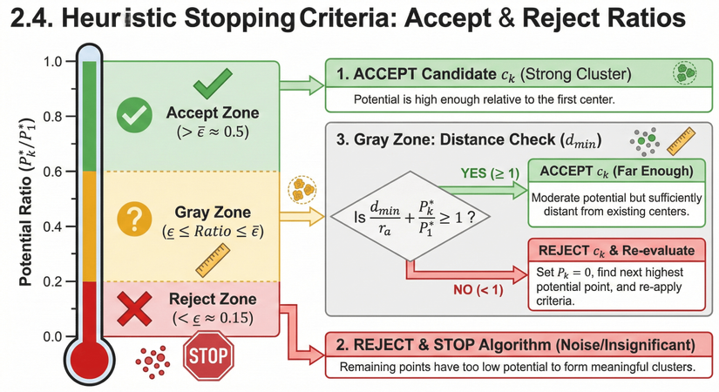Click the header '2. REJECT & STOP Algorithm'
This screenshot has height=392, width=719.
click(512, 343)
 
